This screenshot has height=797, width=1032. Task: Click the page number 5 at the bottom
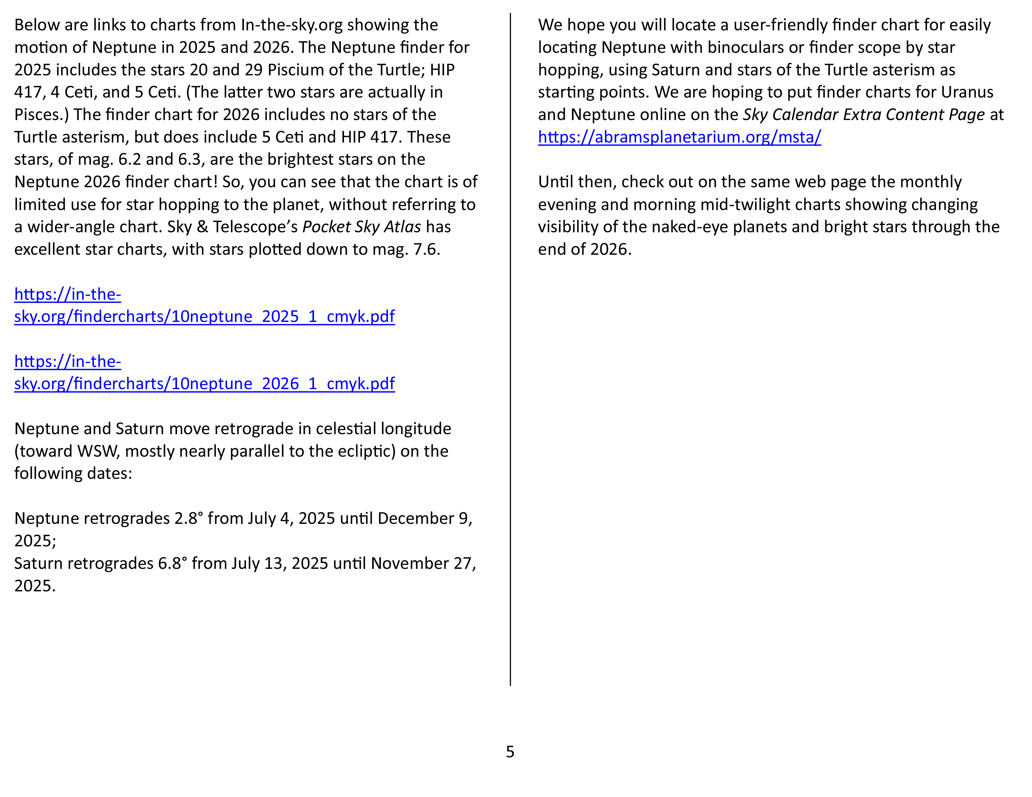[510, 752]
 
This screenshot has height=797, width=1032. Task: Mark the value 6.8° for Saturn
[172, 563]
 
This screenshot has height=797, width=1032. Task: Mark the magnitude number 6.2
[129, 160]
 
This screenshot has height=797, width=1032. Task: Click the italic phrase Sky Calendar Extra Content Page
[863, 115]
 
